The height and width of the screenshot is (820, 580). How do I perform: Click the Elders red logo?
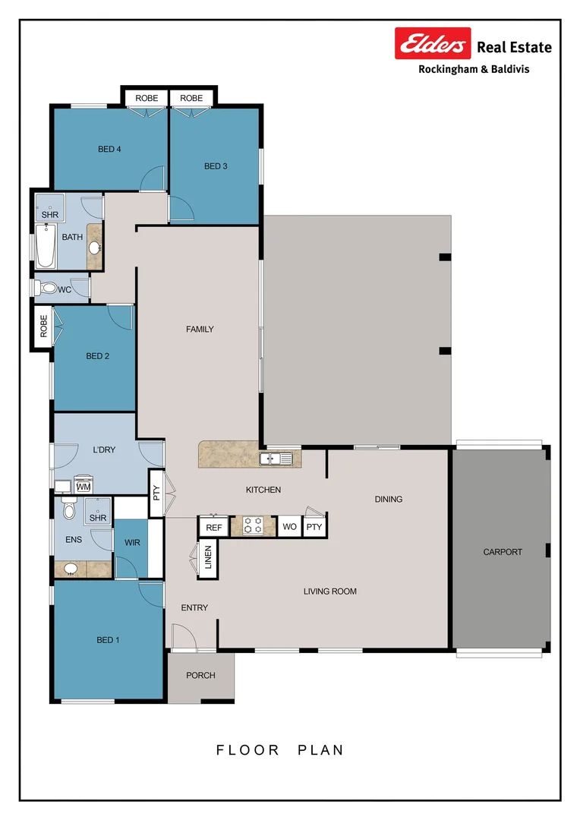[x=433, y=44]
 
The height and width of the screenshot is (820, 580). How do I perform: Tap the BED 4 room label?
[x=109, y=150]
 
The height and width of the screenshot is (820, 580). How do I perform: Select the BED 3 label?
[x=216, y=166]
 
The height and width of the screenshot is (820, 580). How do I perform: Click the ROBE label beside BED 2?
[x=43, y=326]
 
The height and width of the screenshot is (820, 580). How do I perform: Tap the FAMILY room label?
[x=200, y=330]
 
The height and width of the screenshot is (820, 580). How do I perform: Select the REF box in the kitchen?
[x=213, y=527]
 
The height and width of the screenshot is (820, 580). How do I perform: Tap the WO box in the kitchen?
[x=289, y=527]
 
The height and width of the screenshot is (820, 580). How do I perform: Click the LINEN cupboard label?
[x=208, y=560]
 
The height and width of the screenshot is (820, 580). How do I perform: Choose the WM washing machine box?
[x=83, y=487]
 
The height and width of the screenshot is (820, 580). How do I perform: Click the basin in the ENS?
[x=71, y=569]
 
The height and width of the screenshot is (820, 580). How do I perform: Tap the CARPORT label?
[x=503, y=552]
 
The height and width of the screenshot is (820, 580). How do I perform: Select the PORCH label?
[x=200, y=676]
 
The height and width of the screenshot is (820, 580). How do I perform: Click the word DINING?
[x=389, y=500]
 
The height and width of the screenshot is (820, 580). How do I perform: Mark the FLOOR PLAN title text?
[x=280, y=750]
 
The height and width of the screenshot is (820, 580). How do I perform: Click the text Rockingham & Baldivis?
[x=474, y=69]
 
